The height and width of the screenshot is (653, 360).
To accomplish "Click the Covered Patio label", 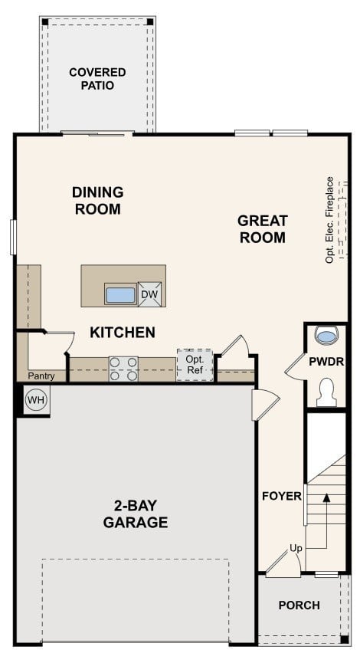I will (x=97, y=79).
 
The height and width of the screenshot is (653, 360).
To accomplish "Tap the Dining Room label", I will (x=98, y=200).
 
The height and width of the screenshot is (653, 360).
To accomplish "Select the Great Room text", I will (x=263, y=229).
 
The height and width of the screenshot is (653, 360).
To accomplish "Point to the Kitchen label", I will (x=123, y=333).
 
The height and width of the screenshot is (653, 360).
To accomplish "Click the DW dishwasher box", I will (x=150, y=294).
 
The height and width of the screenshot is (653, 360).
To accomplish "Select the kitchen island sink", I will (x=120, y=294).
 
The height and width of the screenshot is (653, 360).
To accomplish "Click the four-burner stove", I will (x=123, y=369).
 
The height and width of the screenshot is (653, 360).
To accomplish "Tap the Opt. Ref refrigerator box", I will (x=195, y=365).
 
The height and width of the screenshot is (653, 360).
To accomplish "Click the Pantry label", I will (x=41, y=376).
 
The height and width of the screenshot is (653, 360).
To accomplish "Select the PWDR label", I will (x=327, y=360).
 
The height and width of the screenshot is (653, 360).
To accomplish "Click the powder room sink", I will (x=327, y=336).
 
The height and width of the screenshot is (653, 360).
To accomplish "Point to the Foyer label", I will (x=281, y=496).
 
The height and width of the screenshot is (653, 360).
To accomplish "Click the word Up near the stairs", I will (x=296, y=548).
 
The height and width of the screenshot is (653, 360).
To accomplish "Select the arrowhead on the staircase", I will (x=327, y=497).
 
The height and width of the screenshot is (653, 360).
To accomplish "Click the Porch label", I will (x=299, y=605).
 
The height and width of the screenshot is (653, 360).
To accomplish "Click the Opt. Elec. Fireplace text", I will (x=330, y=220).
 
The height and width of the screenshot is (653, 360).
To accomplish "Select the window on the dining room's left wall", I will (x=13, y=237).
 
